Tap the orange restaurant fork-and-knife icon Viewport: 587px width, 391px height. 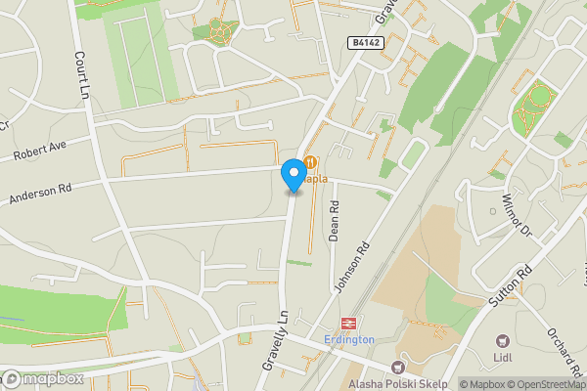(310, 162)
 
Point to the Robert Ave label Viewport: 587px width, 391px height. (39, 150)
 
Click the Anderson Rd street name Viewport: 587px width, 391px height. (41, 189)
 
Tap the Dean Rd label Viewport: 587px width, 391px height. (334, 221)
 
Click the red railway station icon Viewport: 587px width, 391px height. (346, 323)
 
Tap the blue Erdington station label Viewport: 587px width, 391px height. (348, 339)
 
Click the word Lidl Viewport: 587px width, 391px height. (503, 358)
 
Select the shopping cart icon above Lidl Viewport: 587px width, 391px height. (503, 341)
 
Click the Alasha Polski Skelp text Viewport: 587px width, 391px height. (397, 384)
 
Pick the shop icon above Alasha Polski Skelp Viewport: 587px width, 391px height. (397, 369)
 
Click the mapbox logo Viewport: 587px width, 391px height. (43, 378)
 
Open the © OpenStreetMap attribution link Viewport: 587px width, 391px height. (535, 384)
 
